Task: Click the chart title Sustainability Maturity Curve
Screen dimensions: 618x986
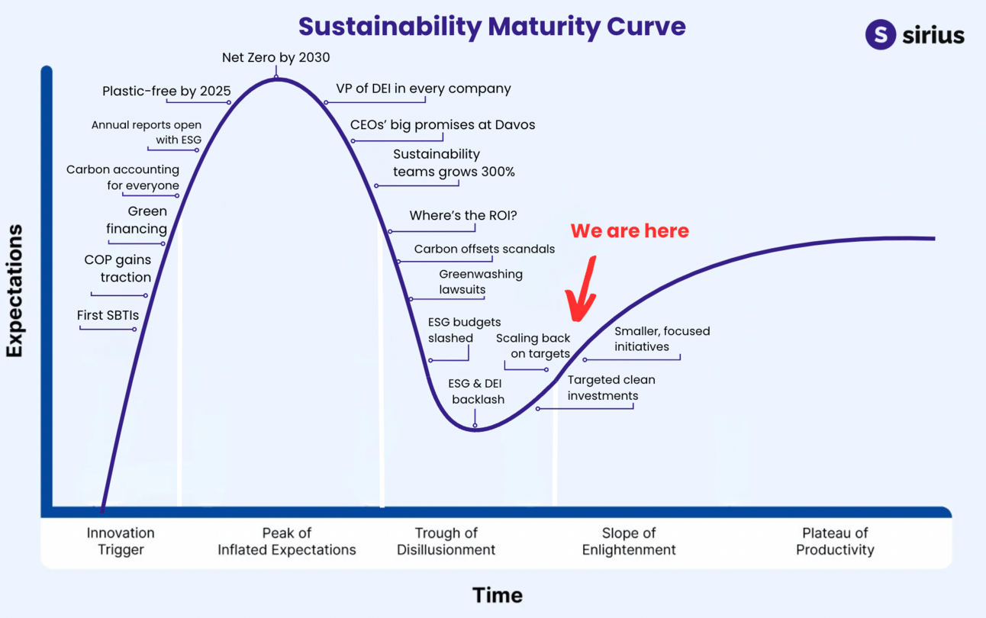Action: (x=491, y=26)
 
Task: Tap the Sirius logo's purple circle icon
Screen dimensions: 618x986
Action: (x=880, y=34)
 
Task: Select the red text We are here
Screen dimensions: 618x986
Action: (x=630, y=231)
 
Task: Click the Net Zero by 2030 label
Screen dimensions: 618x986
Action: (x=275, y=57)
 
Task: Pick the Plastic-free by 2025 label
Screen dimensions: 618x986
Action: (x=166, y=92)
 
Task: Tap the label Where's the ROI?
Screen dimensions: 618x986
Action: (x=463, y=216)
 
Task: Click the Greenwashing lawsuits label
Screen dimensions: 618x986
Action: (x=480, y=282)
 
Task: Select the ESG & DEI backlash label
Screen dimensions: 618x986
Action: (x=478, y=391)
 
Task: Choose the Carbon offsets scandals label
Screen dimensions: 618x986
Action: (x=485, y=249)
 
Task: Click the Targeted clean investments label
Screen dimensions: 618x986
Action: (x=611, y=388)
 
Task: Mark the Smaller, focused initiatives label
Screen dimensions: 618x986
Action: (x=662, y=339)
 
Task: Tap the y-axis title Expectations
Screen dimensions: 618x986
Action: (x=14, y=291)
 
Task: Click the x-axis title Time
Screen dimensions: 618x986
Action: (x=497, y=594)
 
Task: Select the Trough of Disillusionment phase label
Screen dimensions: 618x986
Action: (x=446, y=541)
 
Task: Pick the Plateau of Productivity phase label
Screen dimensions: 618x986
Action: (x=835, y=541)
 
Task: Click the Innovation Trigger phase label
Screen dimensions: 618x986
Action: (x=121, y=541)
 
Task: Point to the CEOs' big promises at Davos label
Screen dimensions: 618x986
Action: (x=443, y=124)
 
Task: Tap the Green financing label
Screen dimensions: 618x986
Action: (x=137, y=220)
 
